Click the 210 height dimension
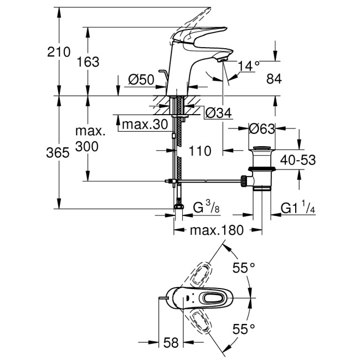coord(59,53)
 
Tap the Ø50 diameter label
coord(141,80)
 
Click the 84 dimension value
coord(274,79)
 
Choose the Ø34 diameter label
coord(218,114)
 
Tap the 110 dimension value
coord(199,150)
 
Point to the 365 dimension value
coord(58,153)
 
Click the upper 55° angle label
coord(243,268)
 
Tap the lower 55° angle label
coord(243,328)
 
